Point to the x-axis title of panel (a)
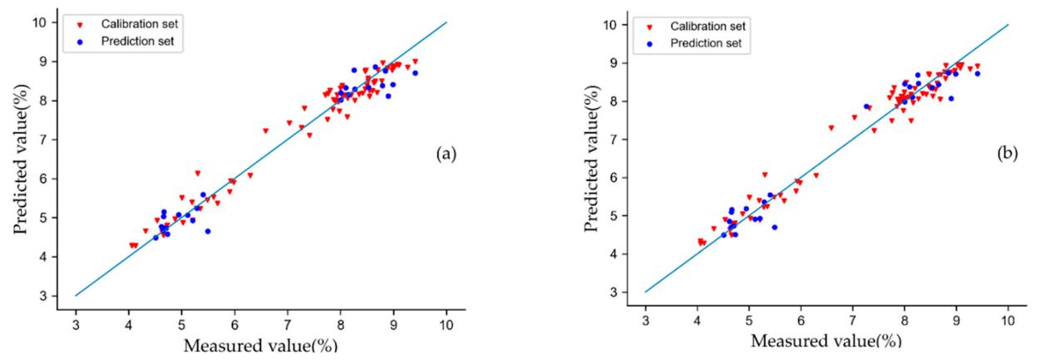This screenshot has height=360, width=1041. (x=260, y=346)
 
